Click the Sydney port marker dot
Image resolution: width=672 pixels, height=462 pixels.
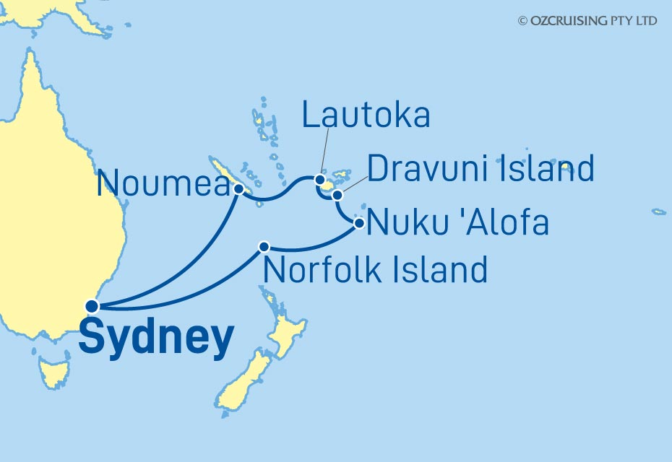[x=92, y=306]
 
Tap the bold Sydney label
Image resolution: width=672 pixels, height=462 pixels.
[x=156, y=338]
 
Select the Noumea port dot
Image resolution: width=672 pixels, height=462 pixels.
[x=238, y=189]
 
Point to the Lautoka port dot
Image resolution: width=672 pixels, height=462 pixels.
[x=319, y=179]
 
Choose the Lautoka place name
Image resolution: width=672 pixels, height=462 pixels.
[x=366, y=115]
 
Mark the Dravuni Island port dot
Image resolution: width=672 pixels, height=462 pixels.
[x=337, y=195]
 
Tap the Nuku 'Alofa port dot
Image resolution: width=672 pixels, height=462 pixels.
[x=359, y=224]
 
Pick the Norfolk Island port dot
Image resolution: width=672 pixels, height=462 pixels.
[x=264, y=246]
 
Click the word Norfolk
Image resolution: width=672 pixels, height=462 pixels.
[x=324, y=270]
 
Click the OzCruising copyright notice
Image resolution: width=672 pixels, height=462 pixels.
[x=587, y=21]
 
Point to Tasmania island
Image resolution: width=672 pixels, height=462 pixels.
[x=54, y=374]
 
